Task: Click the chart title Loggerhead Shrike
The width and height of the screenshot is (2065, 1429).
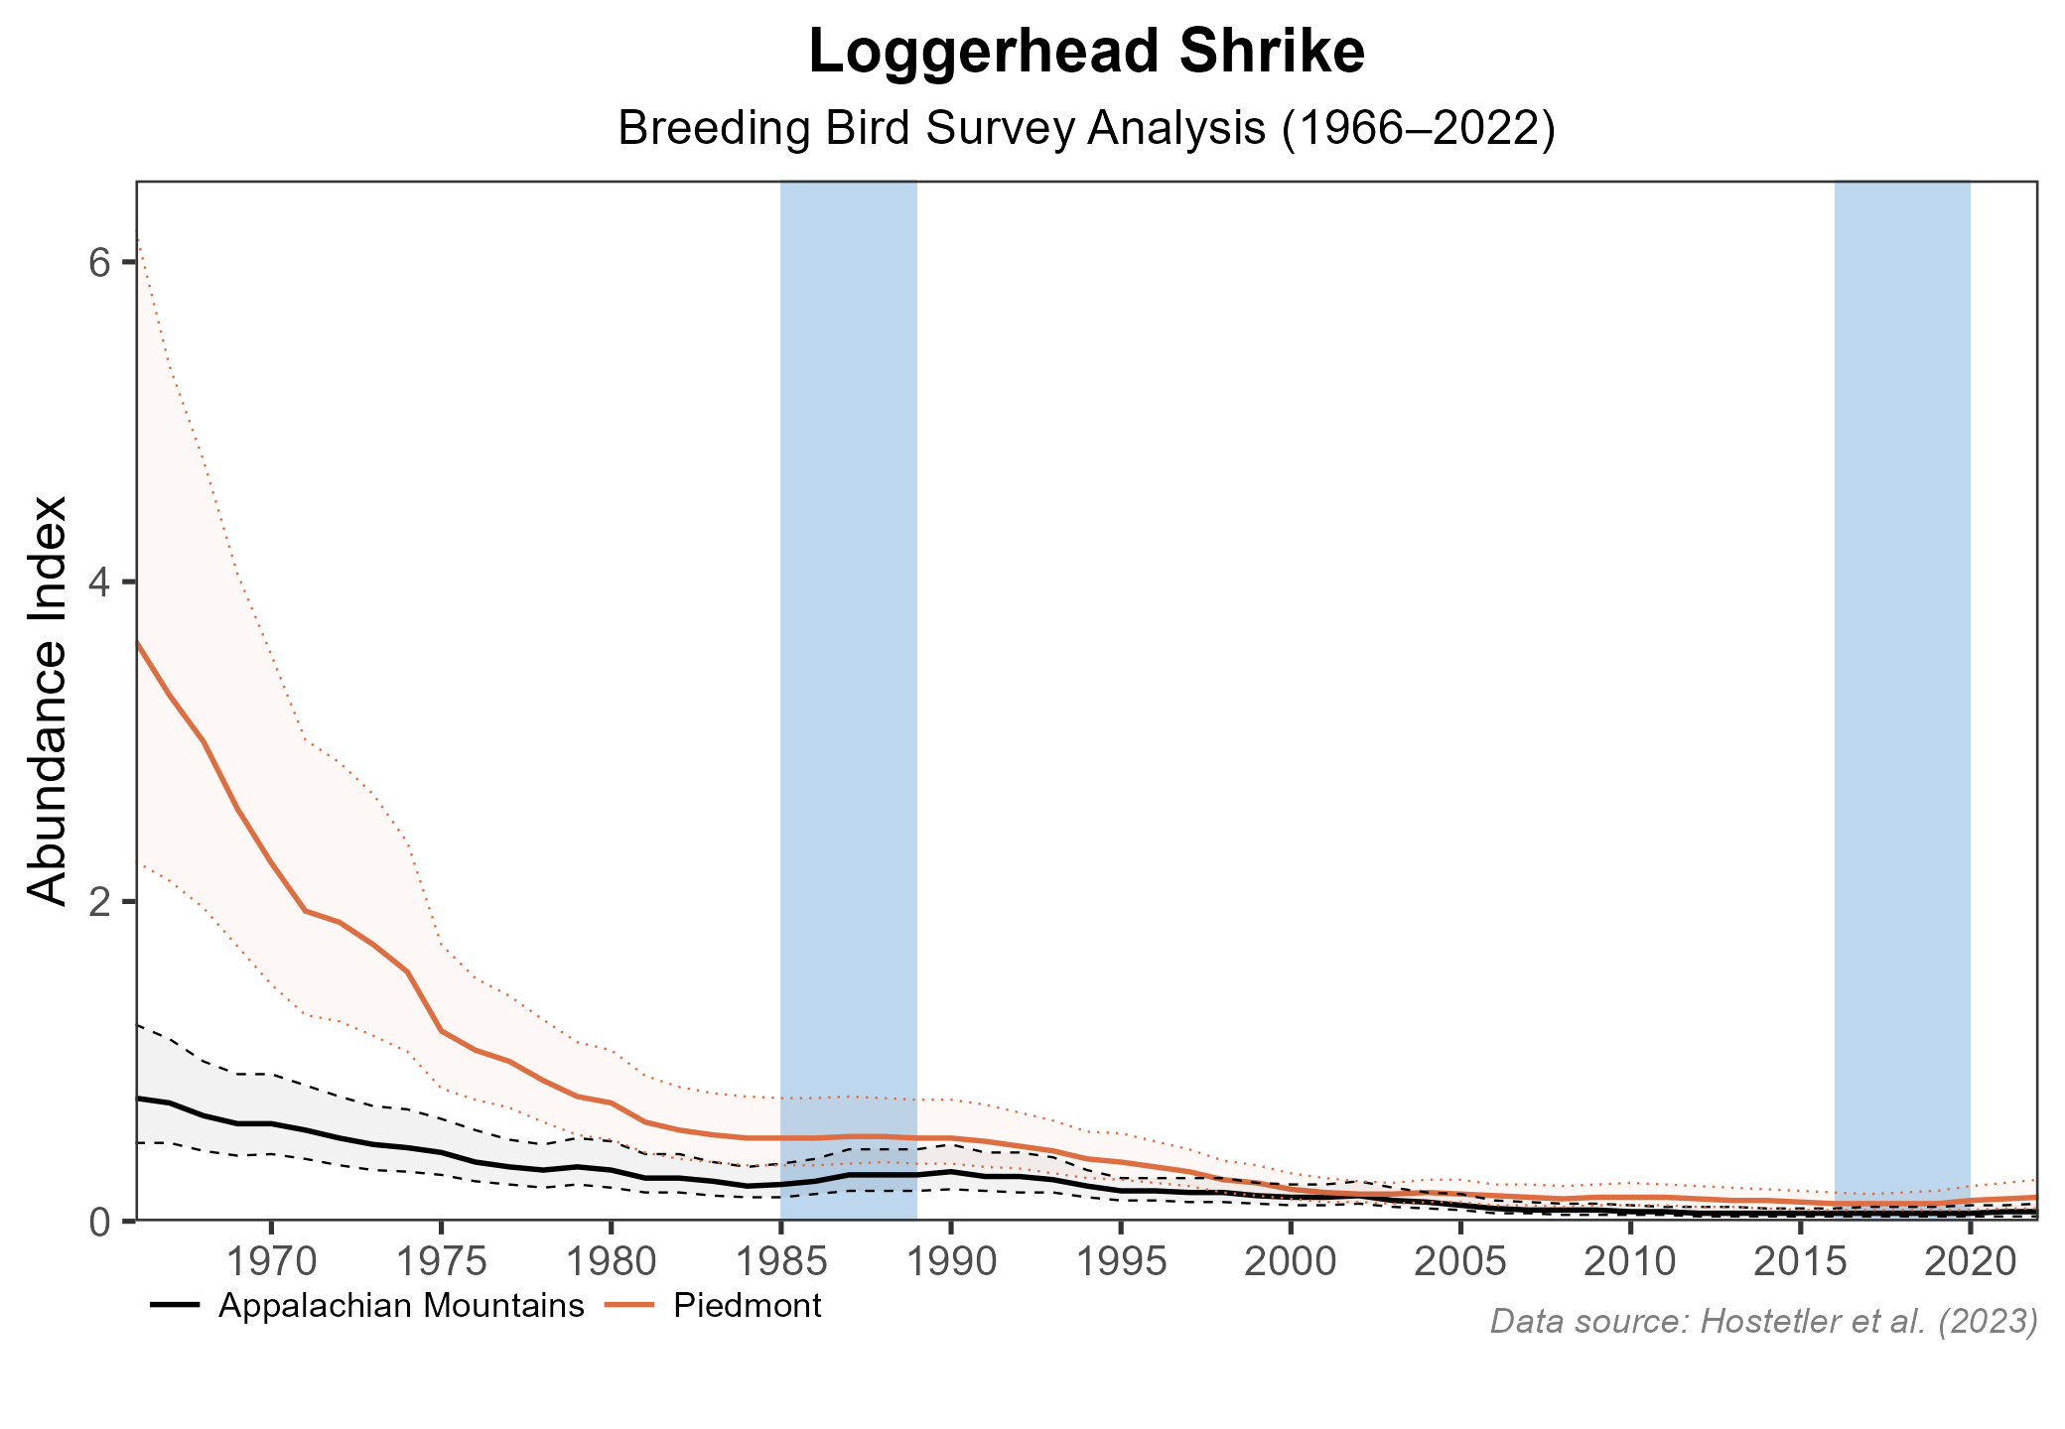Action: (1086, 54)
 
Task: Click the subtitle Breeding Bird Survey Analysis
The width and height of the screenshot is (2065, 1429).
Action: (1086, 130)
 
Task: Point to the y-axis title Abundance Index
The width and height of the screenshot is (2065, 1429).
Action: (48, 701)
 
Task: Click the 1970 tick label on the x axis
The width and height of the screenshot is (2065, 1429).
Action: (271, 1263)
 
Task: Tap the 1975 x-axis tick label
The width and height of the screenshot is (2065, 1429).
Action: (441, 1263)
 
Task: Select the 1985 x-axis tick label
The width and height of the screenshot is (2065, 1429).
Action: (780, 1263)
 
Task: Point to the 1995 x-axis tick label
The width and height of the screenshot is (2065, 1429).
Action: (1120, 1263)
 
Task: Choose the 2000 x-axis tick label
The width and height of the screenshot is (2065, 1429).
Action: (1290, 1263)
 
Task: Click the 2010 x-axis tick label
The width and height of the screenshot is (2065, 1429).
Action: (1629, 1263)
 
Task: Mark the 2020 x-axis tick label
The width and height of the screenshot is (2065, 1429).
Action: (1969, 1263)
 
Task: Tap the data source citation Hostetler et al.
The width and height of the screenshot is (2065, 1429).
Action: (1764, 1321)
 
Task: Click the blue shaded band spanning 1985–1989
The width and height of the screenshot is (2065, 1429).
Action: (849, 595)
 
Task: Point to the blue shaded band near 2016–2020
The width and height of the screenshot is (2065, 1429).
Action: (1901, 595)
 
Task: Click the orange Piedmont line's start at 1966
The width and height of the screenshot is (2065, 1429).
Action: (139, 643)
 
